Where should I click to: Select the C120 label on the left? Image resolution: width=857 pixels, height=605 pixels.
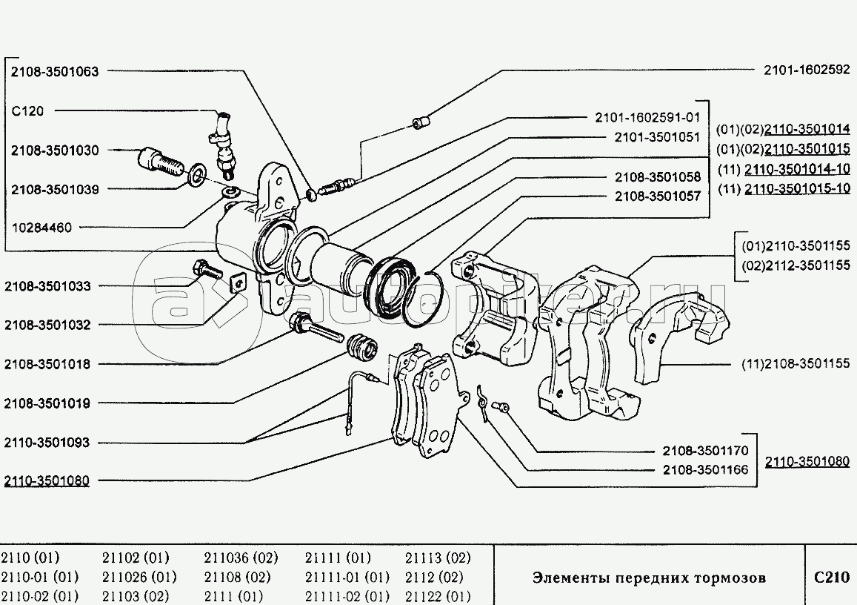pyautogui.click(x=27, y=111)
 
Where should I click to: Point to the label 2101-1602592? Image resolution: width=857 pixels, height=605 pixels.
pyautogui.click(x=807, y=72)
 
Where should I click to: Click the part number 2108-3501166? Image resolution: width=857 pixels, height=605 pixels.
pyautogui.click(x=705, y=469)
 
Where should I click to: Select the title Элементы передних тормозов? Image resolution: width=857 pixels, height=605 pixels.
pyautogui.click(x=649, y=578)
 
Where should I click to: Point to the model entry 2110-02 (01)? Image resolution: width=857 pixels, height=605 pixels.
pyautogui.click(x=39, y=596)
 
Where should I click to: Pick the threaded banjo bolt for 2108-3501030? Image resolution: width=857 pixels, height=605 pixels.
pyautogui.click(x=159, y=161)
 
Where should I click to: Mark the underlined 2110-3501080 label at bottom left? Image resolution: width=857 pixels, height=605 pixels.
pyautogui.click(x=47, y=480)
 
